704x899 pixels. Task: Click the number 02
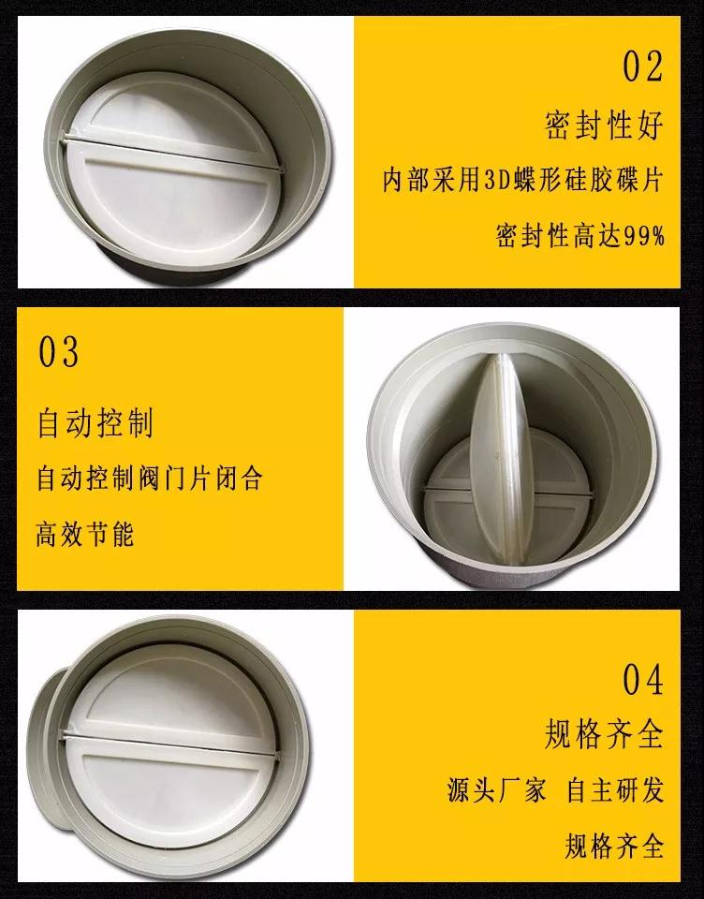point(642,67)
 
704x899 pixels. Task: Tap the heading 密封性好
point(604,125)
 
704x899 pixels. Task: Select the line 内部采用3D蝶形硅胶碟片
point(523,180)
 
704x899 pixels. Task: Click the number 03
point(59,353)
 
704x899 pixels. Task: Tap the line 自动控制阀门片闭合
point(149,479)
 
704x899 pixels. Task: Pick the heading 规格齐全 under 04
point(604,734)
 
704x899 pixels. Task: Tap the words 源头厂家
point(496,790)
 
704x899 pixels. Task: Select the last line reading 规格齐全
point(615,847)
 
